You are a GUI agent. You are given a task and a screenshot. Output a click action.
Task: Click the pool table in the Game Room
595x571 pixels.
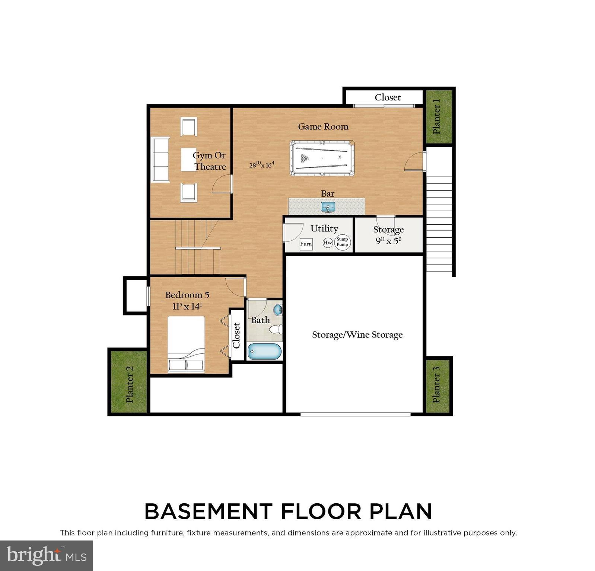tap(322, 158)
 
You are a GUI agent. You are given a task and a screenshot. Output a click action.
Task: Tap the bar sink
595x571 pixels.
tap(328, 207)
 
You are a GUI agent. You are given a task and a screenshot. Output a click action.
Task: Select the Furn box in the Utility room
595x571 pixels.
tap(306, 244)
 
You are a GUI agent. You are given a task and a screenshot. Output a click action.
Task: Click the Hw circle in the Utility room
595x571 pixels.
tap(328, 243)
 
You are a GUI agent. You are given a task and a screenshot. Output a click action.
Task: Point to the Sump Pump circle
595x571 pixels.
tap(342, 242)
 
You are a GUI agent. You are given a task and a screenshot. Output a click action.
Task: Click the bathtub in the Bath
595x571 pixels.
tap(264, 352)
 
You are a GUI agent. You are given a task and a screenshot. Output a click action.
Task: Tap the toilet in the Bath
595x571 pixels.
tap(276, 329)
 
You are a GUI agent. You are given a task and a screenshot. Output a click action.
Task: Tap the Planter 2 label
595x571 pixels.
tap(129, 384)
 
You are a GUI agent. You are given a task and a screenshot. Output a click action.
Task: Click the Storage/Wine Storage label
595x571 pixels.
tap(357, 335)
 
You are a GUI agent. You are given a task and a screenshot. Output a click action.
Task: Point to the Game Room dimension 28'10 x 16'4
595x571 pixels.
tap(262, 164)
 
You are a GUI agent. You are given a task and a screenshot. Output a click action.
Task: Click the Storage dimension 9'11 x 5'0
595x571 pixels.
tap(388, 241)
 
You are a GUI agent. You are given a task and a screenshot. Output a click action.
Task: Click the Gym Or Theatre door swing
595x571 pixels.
tap(222, 185)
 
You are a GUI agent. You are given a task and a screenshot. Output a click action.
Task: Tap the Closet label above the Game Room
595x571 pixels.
tap(388, 97)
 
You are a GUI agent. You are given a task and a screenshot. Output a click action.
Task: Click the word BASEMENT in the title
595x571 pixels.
tap(209, 511)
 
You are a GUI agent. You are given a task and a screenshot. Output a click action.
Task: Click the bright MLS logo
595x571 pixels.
tap(46, 556)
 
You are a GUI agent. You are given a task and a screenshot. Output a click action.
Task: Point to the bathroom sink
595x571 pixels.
tap(278, 309)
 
